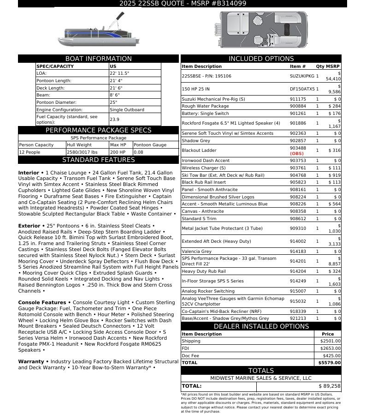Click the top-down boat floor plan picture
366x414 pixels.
261,30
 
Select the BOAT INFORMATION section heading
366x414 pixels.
98,59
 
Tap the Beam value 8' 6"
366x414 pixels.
116,95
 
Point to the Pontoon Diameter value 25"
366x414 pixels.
113,102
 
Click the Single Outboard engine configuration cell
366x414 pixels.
127,110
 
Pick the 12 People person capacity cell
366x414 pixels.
30,152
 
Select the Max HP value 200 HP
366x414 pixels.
118,152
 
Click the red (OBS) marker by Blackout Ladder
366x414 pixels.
297,153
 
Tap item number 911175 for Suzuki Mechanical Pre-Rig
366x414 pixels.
297,99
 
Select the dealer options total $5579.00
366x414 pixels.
330,363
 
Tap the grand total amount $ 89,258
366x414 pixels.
329,386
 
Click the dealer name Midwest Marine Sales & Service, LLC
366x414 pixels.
261,378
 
